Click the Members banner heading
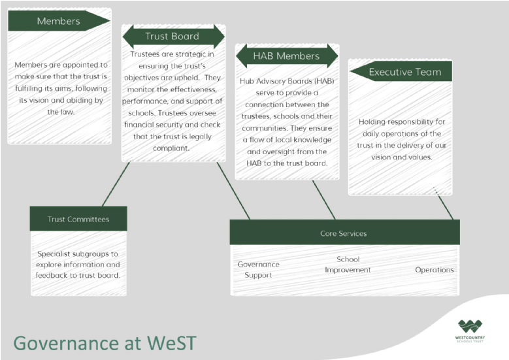click(x=58, y=21)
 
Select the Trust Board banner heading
click(x=173, y=37)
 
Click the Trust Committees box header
click(x=78, y=219)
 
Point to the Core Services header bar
click(x=344, y=233)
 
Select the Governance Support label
click(x=258, y=269)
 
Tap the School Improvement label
click(x=348, y=265)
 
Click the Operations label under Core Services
click(x=434, y=270)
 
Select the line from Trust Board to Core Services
click(x=233, y=190)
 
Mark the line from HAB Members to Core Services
click(x=323, y=199)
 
